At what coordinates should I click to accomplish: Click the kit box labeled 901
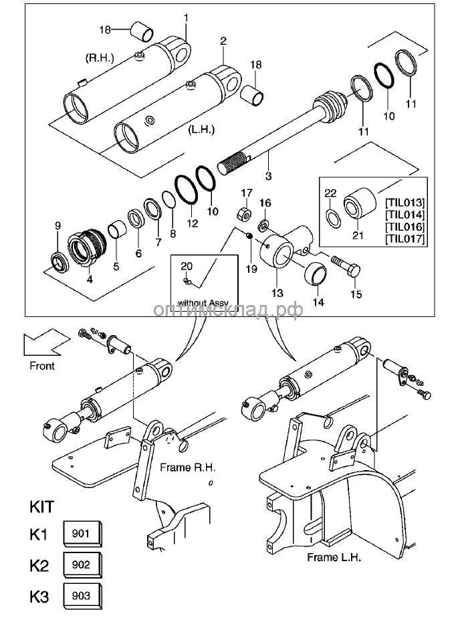(81, 534)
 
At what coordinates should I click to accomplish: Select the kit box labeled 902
(81, 564)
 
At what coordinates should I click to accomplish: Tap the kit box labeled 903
(81, 595)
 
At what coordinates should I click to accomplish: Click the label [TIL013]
(405, 202)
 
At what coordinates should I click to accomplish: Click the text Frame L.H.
(334, 556)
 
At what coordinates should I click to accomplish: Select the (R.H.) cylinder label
(101, 58)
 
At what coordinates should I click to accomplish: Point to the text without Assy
(203, 302)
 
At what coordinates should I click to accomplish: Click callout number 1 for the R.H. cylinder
(186, 17)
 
